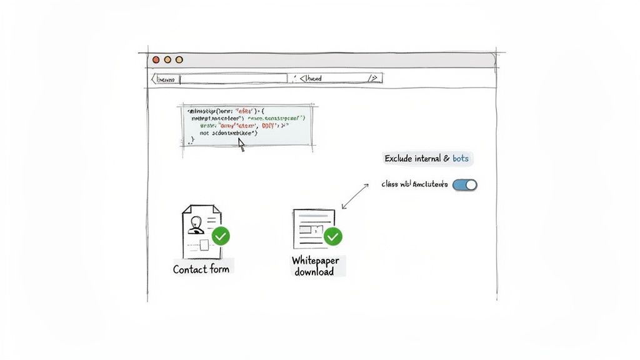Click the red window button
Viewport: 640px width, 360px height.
pyautogui.click(x=156, y=60)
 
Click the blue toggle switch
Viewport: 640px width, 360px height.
pyautogui.click(x=464, y=185)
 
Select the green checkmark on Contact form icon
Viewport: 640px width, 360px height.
pyautogui.click(x=221, y=236)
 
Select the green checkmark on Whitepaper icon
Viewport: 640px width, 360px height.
pyautogui.click(x=333, y=236)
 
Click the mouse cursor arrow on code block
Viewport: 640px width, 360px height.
pyautogui.click(x=241, y=144)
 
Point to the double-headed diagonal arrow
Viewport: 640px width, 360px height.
pyautogui.click(x=354, y=196)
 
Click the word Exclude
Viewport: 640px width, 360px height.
pyautogui.click(x=398, y=159)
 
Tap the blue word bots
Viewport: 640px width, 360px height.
pyautogui.click(x=461, y=159)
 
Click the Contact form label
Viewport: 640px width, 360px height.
pyautogui.click(x=201, y=269)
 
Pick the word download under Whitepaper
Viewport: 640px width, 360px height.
pyautogui.click(x=314, y=272)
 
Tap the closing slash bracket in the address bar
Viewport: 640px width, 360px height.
pyautogui.click(x=372, y=79)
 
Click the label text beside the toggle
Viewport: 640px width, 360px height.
pyautogui.click(x=414, y=185)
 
